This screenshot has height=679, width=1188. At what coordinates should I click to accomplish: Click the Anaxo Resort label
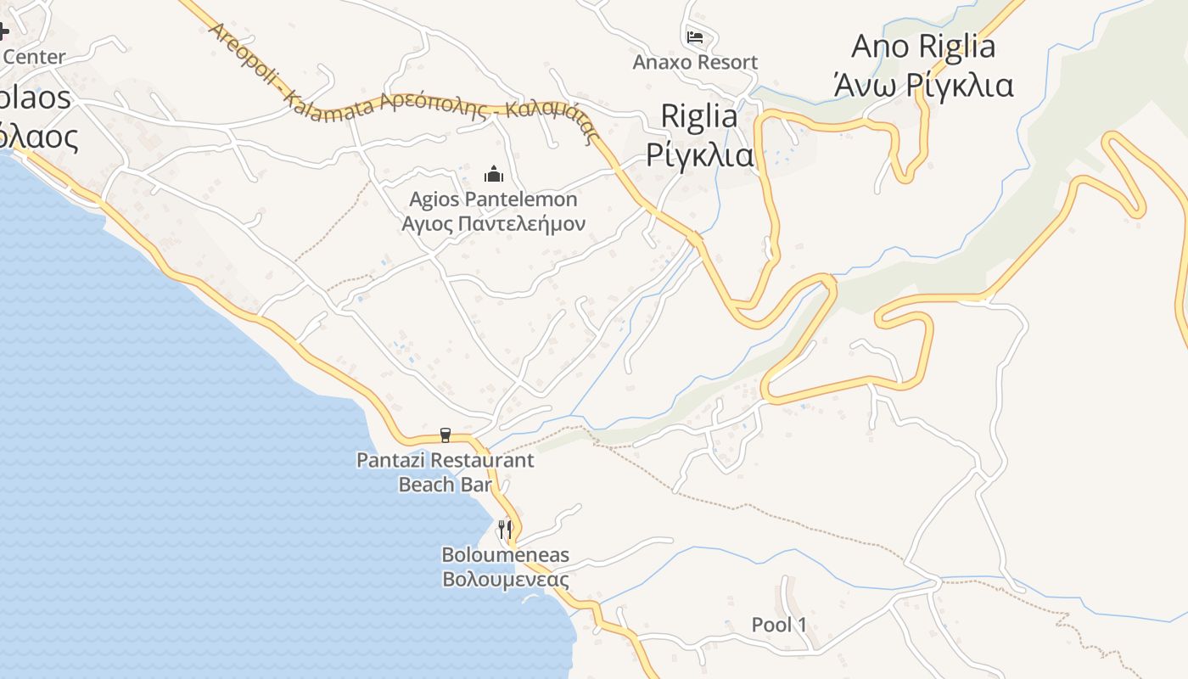tap(695, 62)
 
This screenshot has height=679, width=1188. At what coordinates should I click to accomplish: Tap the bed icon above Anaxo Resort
tap(695, 36)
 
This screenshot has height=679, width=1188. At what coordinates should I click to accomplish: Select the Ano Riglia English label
tap(922, 46)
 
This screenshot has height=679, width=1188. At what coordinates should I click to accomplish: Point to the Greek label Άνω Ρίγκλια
tap(922, 85)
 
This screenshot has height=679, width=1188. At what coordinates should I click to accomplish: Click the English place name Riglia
tap(698, 116)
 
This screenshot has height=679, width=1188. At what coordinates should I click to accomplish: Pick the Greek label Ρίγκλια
tap(699, 154)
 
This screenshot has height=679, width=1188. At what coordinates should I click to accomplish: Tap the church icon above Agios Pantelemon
tap(493, 175)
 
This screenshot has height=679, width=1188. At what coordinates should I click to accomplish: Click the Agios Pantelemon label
tap(493, 199)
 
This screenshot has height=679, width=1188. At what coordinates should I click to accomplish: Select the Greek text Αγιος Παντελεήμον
tap(493, 223)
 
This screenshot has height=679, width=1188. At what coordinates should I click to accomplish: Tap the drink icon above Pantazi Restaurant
tap(445, 435)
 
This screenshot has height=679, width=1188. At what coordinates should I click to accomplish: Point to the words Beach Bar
tap(445, 484)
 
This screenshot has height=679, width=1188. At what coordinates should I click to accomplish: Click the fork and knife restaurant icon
tap(505, 530)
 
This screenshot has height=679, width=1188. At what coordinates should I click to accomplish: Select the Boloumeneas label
tap(505, 555)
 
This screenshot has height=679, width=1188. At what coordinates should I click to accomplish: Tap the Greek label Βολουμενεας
tap(505, 580)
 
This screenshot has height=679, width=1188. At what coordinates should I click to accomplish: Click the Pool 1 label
tap(779, 626)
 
